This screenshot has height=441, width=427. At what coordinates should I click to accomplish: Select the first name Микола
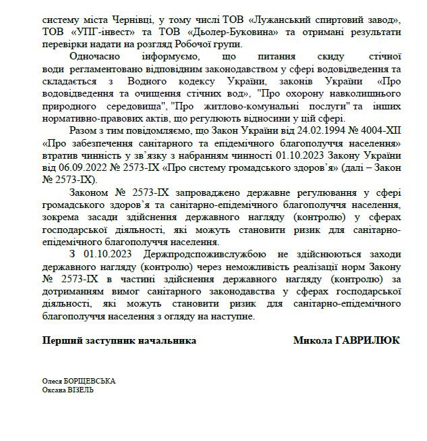(312, 340)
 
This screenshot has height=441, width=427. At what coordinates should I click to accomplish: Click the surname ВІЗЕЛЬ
(80, 390)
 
